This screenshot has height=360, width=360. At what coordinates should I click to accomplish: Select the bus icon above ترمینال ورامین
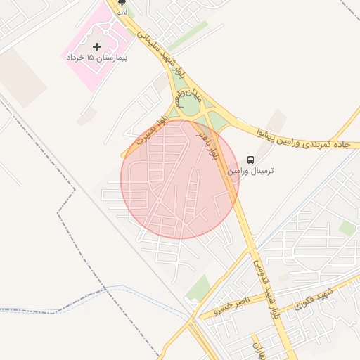[251, 160]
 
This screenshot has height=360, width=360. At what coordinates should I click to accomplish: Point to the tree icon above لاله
[122, 4]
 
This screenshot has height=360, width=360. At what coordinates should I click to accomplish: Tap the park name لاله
[122, 13]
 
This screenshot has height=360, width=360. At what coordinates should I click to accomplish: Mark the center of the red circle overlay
[180, 179]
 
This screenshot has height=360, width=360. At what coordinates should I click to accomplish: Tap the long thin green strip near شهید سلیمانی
[188, 36]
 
